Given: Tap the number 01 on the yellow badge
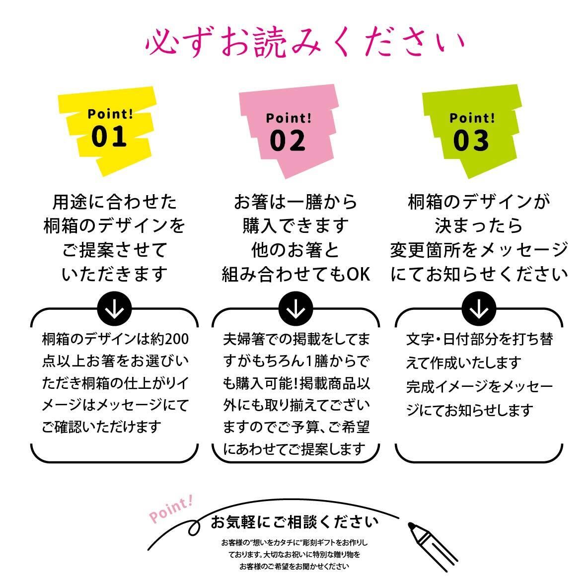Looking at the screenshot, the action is pos(109,137).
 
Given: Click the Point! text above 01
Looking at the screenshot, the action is pos(110,114).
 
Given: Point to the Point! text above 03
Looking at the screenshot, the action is pos(472,118).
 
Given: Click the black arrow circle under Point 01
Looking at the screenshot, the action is pos(114,309).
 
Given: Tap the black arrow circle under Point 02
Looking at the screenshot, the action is pos(296,309).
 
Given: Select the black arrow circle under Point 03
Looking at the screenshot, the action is pos(479,309).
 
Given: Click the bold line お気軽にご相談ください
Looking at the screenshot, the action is pos(294,522).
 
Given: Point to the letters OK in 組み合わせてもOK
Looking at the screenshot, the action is pos(358,274).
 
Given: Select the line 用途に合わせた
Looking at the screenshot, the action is pos(114,202).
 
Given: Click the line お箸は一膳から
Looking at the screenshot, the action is pos(296,202).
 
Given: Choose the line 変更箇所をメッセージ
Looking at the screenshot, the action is pos(479,250).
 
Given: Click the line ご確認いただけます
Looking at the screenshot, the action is pos(102,426).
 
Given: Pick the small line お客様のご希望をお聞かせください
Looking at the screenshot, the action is pos(294,566).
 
